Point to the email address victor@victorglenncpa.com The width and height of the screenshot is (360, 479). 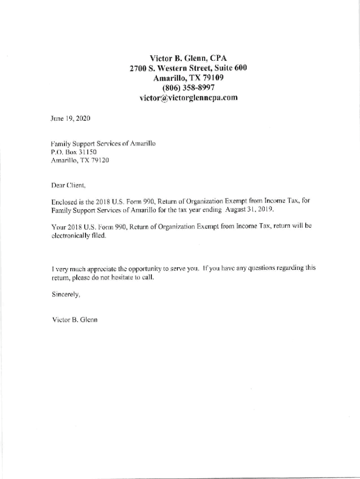pyautogui.click(x=188, y=98)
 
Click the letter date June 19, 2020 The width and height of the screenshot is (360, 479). pyautogui.click(x=70, y=119)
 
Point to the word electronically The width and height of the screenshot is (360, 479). pyautogui.click(x=73, y=236)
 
